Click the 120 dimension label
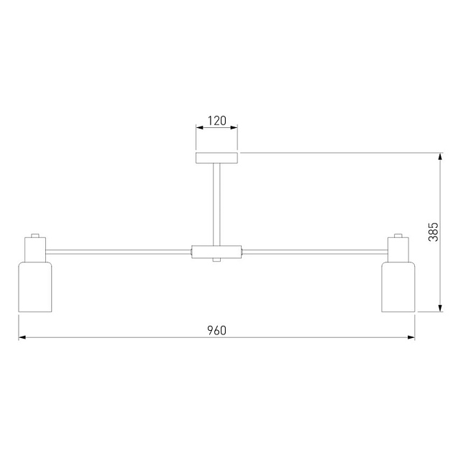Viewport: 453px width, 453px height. [217, 121]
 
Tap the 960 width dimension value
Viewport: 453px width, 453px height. [217, 331]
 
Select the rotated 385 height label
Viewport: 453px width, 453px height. [434, 232]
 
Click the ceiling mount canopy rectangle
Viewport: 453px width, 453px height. [216, 157]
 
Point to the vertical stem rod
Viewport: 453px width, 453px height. [216, 204]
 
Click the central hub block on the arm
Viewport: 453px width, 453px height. [216, 252]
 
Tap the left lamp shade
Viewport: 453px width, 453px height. [35, 287]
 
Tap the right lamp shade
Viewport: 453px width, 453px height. [398, 287]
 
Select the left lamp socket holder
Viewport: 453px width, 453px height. [35, 250]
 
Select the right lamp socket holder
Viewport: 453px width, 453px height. [398, 250]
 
